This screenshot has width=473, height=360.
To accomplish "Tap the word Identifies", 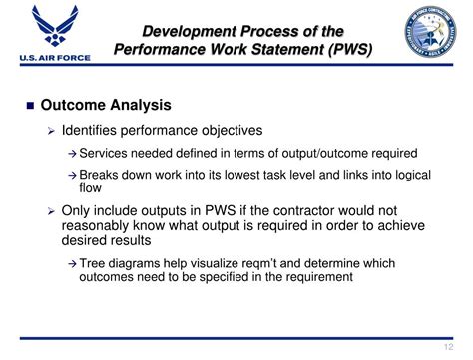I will click(x=90, y=130).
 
